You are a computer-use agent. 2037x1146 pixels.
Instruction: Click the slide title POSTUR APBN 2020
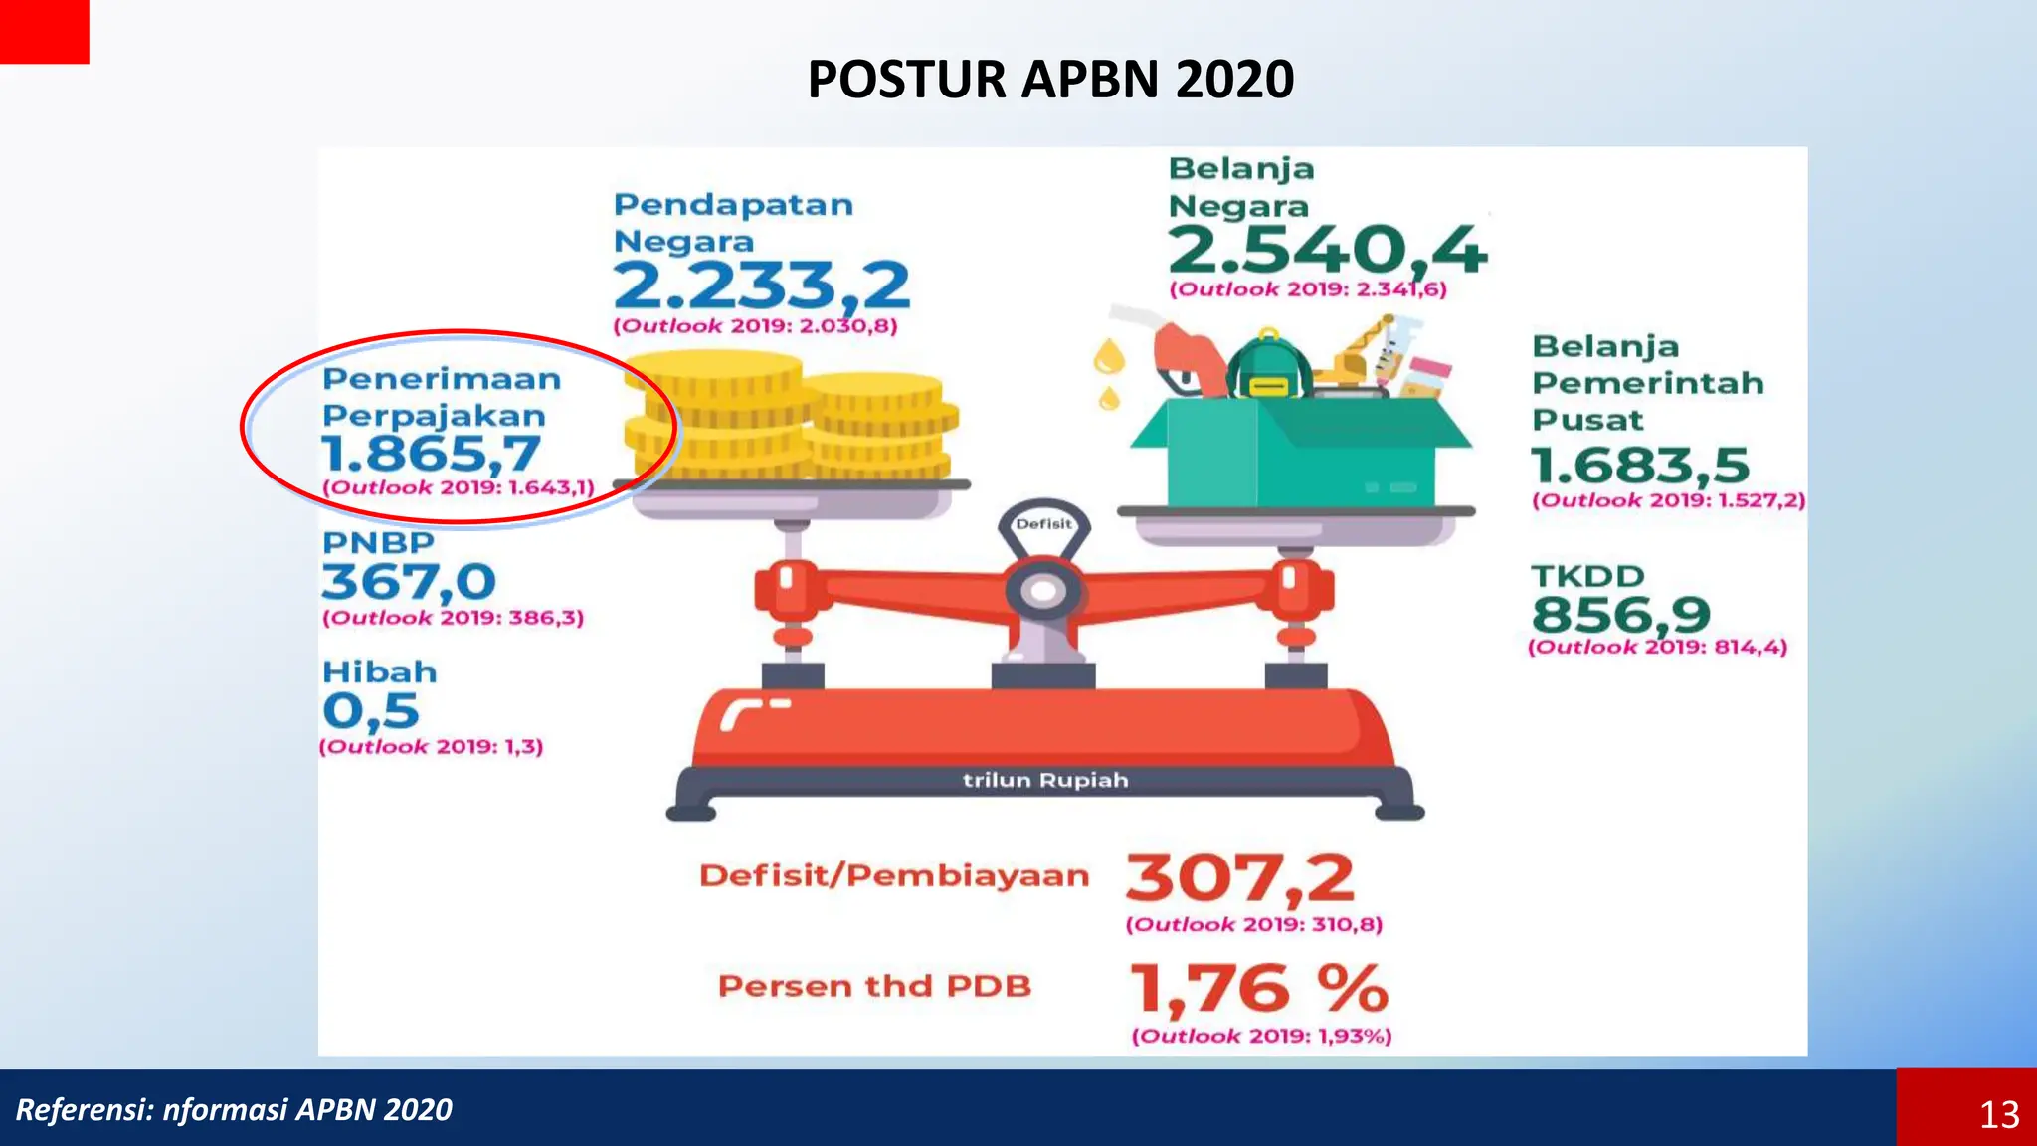click(1050, 80)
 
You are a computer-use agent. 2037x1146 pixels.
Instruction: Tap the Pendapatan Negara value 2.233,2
click(761, 286)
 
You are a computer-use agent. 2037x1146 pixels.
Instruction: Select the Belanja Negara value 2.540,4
click(1327, 250)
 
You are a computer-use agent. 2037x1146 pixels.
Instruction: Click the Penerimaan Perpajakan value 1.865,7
click(431, 454)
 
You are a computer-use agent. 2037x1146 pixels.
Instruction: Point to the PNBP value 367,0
click(408, 582)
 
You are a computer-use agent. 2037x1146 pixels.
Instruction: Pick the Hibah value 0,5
click(370, 711)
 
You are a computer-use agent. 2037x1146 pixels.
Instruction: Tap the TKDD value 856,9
click(1620, 615)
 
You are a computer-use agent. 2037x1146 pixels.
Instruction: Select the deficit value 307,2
click(1239, 879)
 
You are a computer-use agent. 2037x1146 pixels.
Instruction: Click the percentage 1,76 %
click(1258, 989)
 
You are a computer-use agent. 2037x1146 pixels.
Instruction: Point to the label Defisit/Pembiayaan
click(894, 876)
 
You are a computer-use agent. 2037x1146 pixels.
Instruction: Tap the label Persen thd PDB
click(874, 986)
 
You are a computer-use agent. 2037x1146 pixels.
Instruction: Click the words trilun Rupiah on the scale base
click(1045, 780)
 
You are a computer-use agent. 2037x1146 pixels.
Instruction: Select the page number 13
click(1999, 1114)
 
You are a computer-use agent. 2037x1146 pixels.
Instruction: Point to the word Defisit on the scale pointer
click(1043, 524)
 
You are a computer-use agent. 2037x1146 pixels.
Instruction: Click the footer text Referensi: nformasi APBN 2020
click(234, 1109)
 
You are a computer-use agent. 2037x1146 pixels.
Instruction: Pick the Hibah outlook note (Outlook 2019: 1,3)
click(432, 747)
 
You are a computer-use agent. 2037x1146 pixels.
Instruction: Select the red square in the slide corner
click(44, 31)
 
